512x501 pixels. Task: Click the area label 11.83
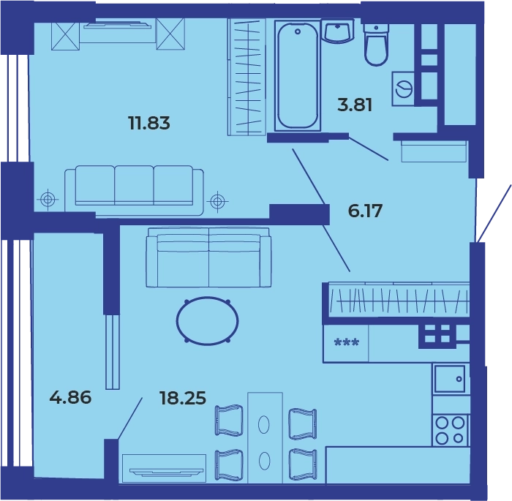[149, 124]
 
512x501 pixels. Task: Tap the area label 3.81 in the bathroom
[355, 105]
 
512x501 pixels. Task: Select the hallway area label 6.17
[365, 211]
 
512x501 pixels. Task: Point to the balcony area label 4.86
[70, 398]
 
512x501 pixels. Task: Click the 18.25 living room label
[183, 398]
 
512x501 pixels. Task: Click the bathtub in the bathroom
[298, 76]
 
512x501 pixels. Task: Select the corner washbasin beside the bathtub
[338, 31]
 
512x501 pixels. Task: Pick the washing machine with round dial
[403, 88]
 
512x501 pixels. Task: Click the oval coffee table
[207, 321]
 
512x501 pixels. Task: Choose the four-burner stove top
[450, 431]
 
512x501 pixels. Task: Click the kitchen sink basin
[449, 379]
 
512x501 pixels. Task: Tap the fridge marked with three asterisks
[346, 343]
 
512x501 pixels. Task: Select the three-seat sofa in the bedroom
[134, 190]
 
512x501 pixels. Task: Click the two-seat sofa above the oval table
[208, 257]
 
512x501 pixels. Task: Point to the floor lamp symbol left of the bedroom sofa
[48, 198]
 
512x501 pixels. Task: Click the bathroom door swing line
[369, 148]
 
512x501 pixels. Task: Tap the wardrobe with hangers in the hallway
[399, 300]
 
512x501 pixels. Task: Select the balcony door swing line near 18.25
[130, 418]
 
